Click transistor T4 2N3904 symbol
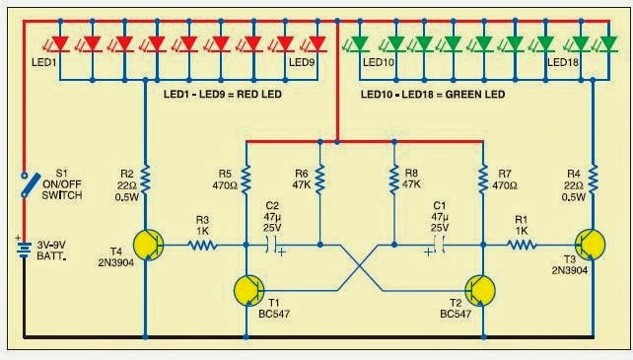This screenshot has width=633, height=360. (x=149, y=244)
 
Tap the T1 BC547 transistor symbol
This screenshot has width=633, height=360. (x=248, y=290)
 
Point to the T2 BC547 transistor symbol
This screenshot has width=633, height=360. (x=481, y=290)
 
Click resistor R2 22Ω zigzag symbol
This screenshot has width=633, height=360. (x=146, y=179)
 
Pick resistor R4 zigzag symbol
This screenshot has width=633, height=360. (x=593, y=179)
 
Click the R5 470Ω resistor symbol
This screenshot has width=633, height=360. (x=246, y=179)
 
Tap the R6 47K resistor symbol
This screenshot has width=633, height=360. (x=320, y=179)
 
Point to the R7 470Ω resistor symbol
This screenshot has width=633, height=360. (x=483, y=179)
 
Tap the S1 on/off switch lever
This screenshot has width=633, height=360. (x=25, y=183)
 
